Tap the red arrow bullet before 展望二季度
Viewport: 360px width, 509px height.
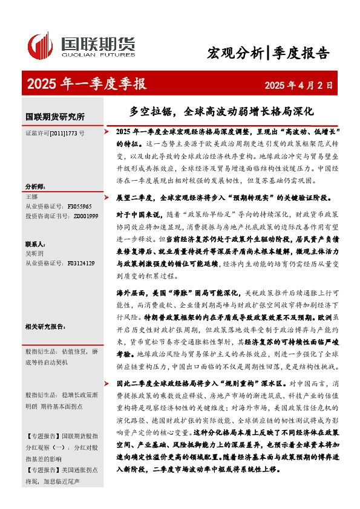pos(107,197)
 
